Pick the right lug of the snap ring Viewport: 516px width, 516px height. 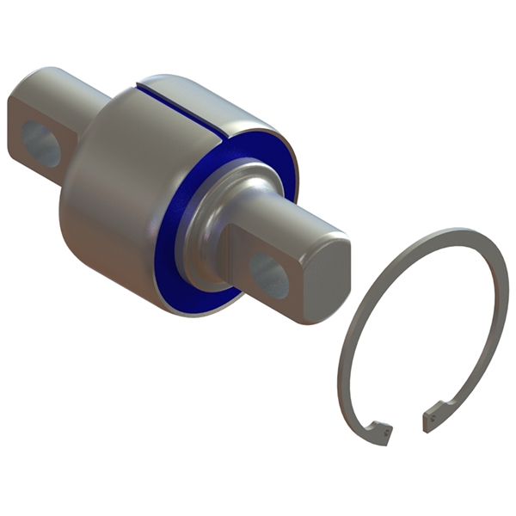[x=435, y=418]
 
